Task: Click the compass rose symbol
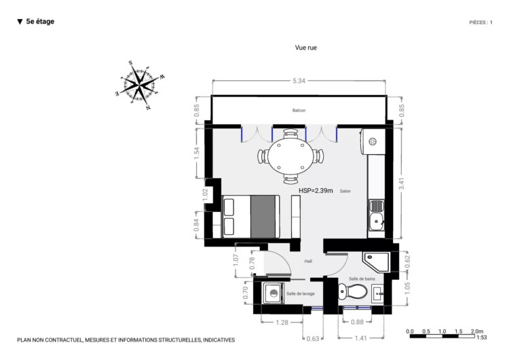pos(140,85)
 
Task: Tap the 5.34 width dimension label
pos(299,81)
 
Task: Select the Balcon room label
pos(299,111)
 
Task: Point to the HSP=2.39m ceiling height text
pos(316,191)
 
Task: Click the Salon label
pos(345,191)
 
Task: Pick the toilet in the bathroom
pos(352,291)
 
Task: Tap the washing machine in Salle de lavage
pos(274,293)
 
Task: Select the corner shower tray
pos(376,262)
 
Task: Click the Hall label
pos(308,262)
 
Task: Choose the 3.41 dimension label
pos(402,184)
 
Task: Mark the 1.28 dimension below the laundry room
pos(282,323)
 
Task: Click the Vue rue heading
pos(306,48)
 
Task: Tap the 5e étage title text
pos(40,22)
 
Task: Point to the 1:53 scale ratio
pos(482,338)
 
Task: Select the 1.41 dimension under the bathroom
pos(360,338)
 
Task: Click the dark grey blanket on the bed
pos(263,217)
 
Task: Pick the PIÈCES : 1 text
pos(480,22)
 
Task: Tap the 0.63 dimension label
pos(313,338)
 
